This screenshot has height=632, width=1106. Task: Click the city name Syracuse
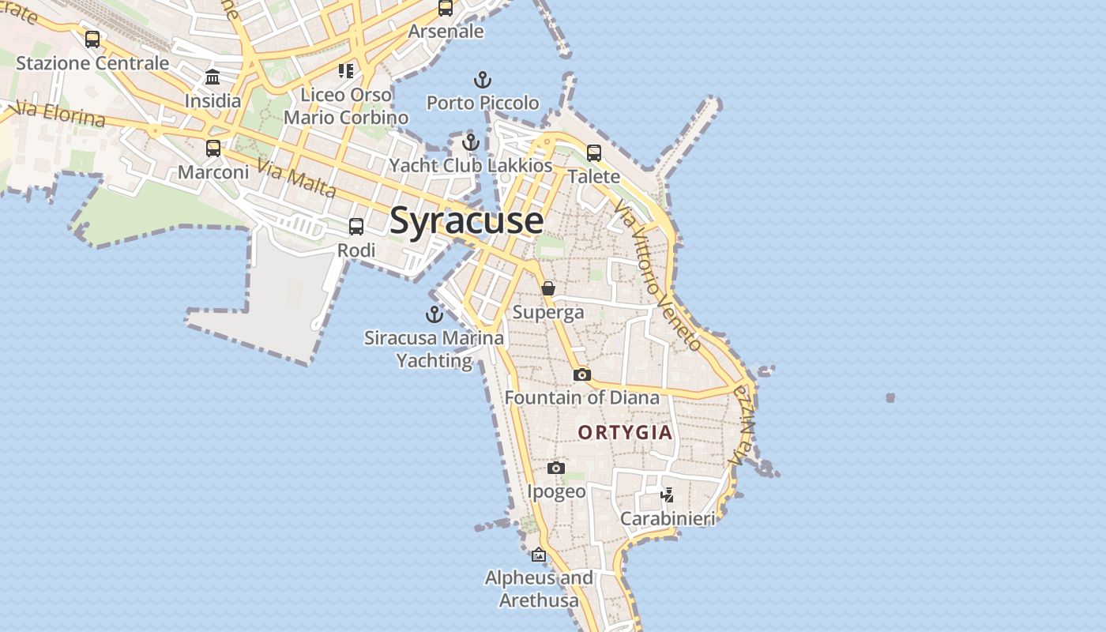466,220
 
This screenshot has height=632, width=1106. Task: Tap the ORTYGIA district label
625,432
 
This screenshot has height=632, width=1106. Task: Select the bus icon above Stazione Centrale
92,39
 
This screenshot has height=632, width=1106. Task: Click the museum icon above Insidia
213,77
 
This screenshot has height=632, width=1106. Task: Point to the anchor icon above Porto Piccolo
483,80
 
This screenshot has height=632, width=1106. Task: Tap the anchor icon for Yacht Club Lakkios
471,143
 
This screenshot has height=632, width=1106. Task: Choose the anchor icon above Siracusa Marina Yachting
434,314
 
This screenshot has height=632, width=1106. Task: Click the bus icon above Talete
594,153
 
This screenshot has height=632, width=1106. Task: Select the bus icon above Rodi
356,227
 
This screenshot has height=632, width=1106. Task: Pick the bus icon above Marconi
213,149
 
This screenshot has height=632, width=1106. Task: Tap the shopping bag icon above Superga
548,289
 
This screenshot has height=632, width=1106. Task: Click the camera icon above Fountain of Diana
582,374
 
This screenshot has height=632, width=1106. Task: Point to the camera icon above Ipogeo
556,468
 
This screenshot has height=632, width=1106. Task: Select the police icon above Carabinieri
668,495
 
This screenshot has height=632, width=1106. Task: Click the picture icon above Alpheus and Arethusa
539,555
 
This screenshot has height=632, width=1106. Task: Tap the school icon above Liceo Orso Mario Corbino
345,72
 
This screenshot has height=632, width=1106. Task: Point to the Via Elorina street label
60,114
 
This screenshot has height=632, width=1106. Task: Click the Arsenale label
446,32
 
